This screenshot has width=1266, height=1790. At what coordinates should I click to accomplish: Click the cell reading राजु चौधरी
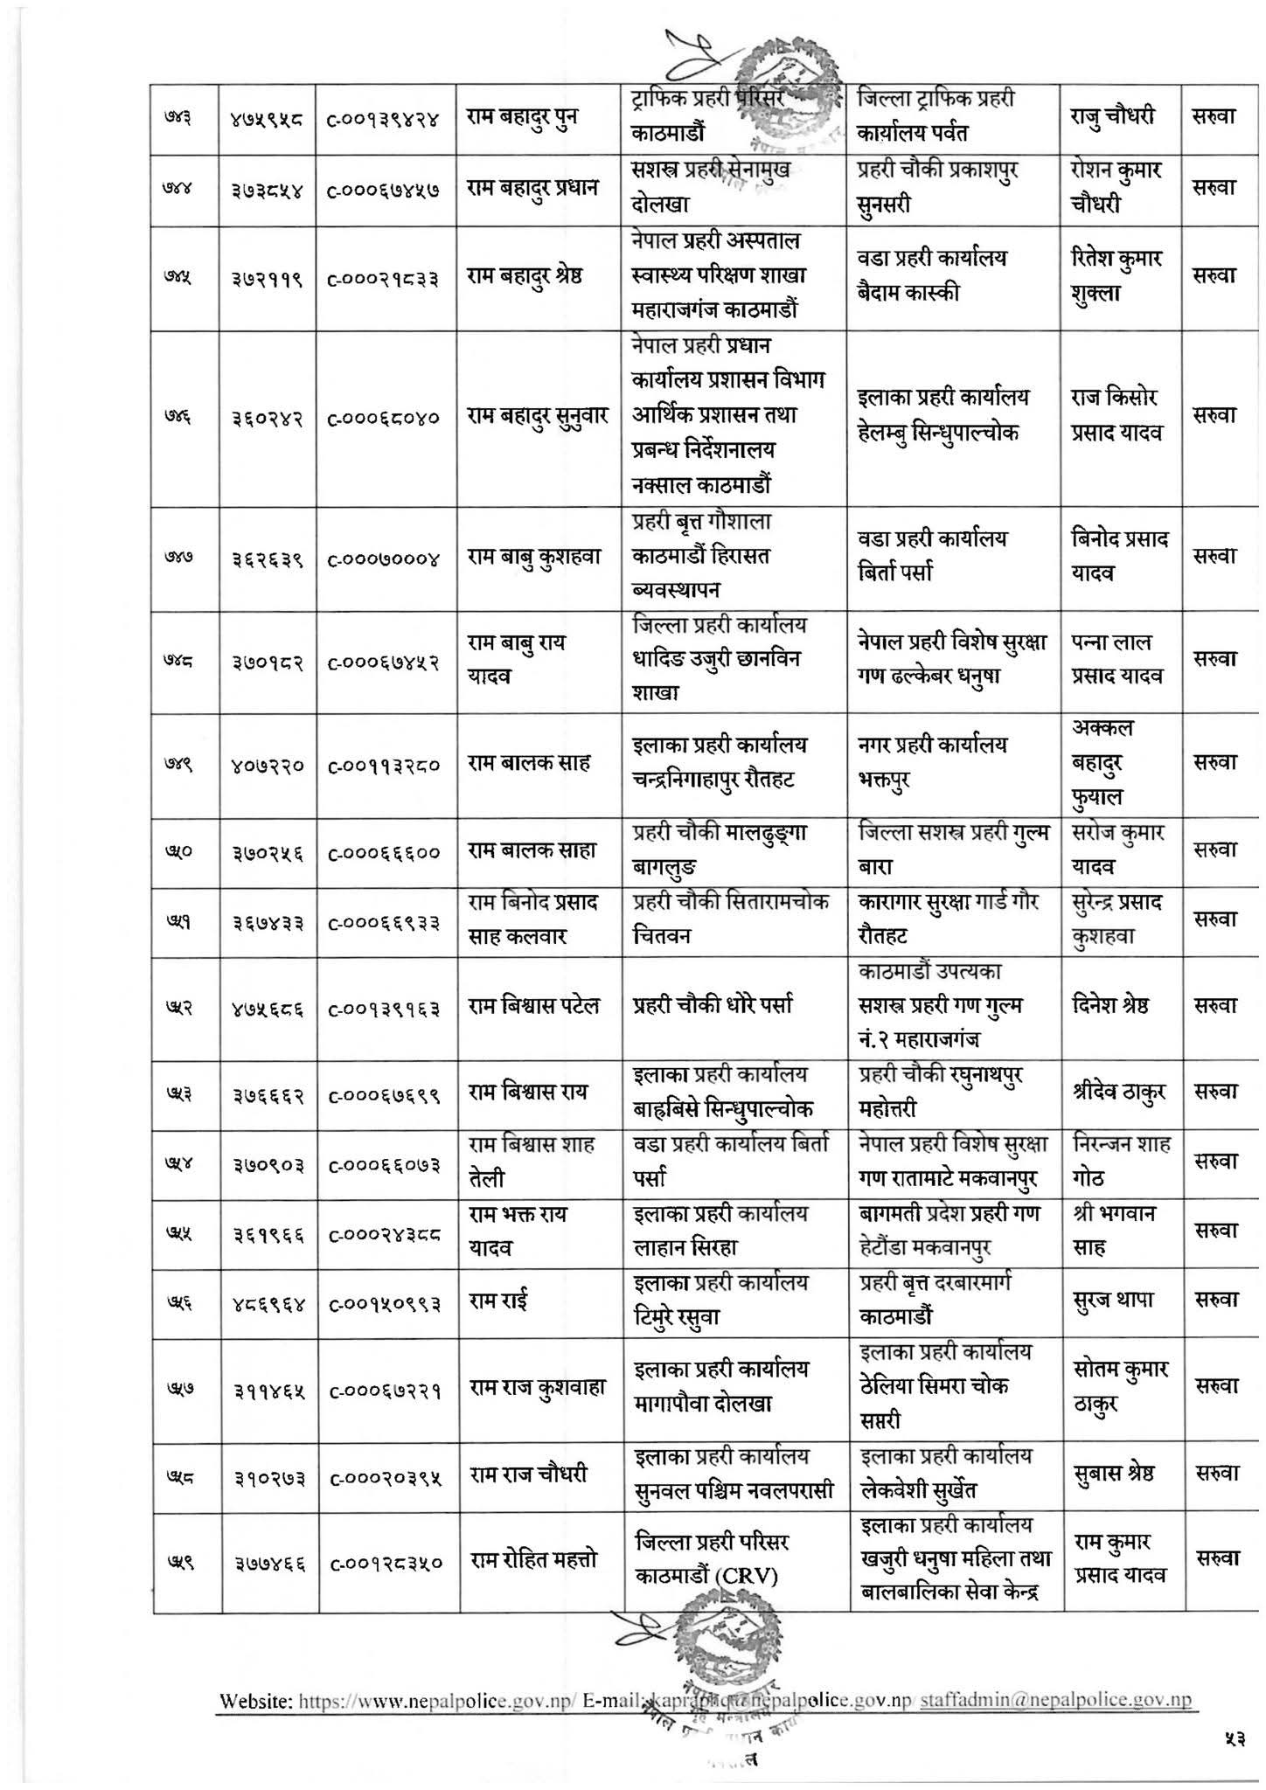coord(1112,116)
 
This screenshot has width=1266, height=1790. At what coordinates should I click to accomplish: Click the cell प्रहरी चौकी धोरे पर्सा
coord(713,1006)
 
